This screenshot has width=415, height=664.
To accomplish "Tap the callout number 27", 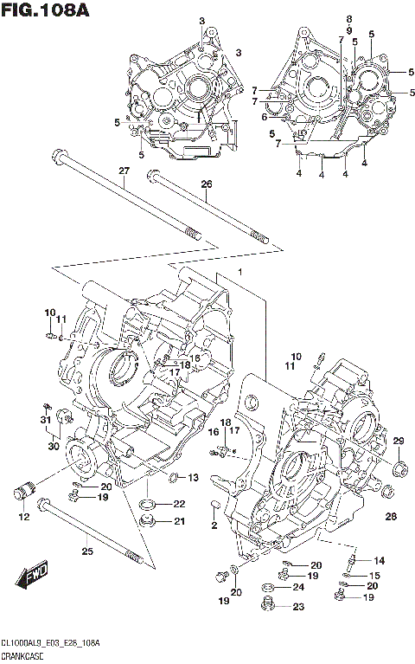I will point(124,171).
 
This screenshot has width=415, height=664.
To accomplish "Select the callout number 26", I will point(206,184).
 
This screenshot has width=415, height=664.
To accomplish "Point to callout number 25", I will point(87,551).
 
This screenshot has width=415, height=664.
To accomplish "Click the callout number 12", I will point(23,517).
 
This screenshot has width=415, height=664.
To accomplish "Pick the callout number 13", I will point(193,478).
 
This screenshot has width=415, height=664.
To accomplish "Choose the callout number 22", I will point(178,504).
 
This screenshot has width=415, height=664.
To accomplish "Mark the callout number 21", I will point(179,521).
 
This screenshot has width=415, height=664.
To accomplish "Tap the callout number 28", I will point(391,517).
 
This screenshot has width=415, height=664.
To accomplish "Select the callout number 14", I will point(379,560).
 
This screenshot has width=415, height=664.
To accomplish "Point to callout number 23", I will point(298,607).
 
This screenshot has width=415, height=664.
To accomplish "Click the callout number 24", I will point(298,588).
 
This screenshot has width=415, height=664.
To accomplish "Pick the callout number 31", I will point(44,420).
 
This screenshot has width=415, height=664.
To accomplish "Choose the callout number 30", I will point(53,446).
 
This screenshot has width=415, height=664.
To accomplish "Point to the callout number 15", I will point(373,575).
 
